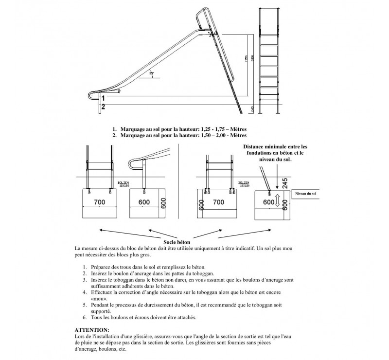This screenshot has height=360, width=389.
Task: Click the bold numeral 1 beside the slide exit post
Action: pos(103,98)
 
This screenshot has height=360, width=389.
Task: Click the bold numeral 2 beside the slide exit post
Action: pos(103,106)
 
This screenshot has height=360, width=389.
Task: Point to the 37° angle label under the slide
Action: pos(151,73)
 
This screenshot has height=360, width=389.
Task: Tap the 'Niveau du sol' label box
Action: pos(305,194)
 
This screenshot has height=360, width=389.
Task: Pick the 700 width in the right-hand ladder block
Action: pos(219,201)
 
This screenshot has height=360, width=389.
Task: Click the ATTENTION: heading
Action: pos(92,329)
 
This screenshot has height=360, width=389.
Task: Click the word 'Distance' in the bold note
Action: pos(255,146)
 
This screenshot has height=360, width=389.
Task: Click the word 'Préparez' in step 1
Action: pos(103,267)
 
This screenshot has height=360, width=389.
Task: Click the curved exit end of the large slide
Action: pos(91,96)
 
